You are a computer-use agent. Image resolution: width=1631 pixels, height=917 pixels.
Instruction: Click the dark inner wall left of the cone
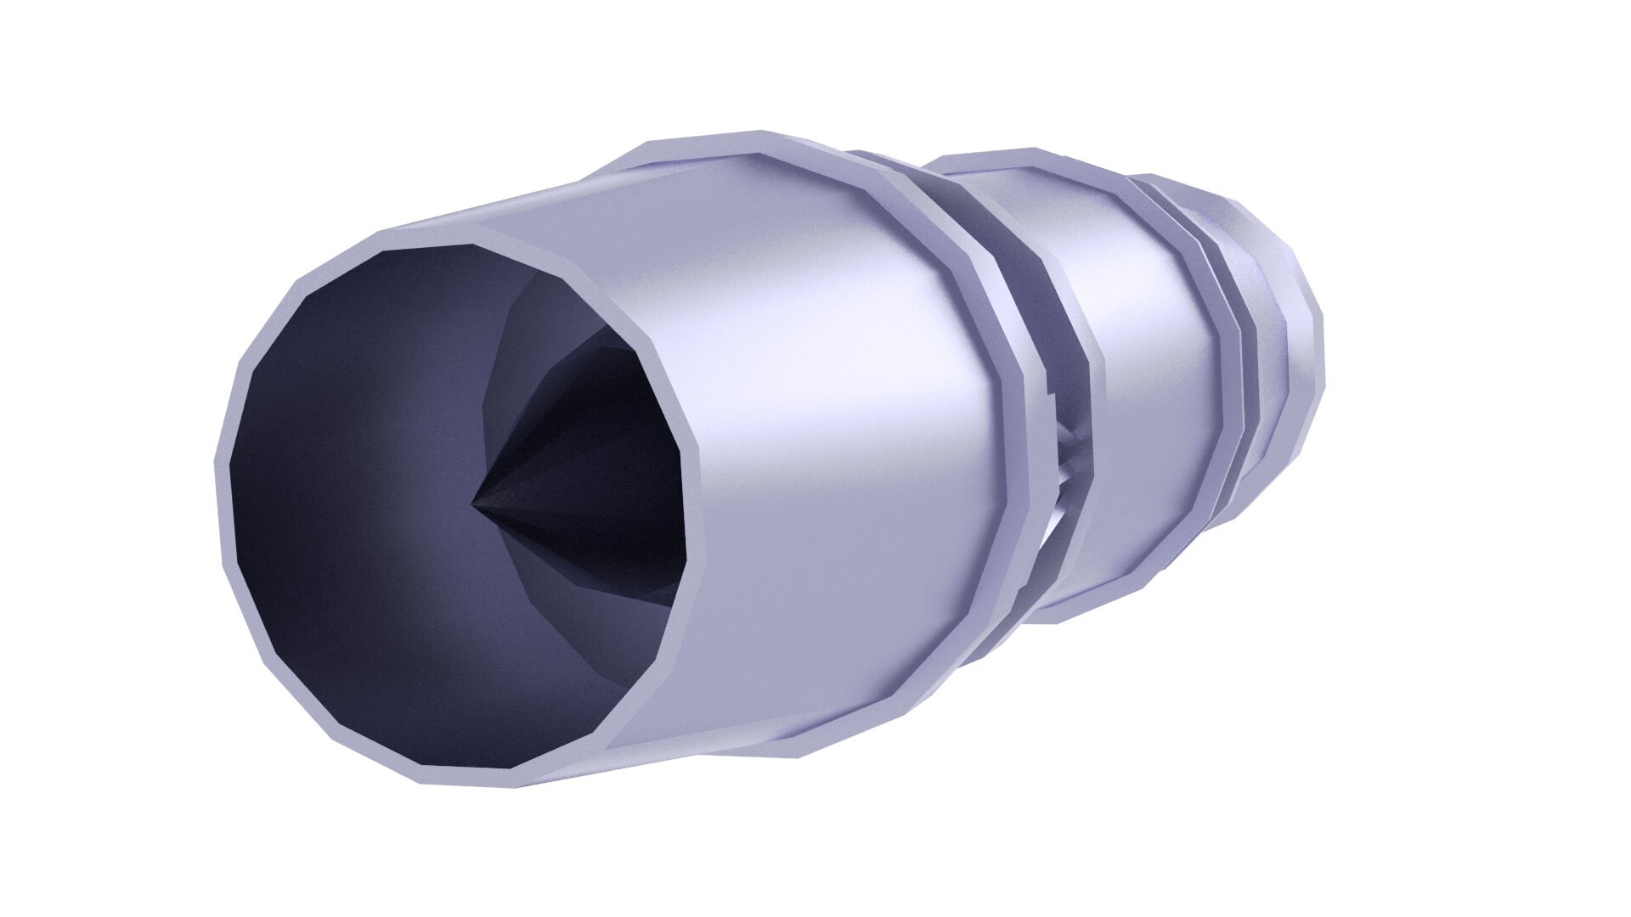[x=357, y=475]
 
